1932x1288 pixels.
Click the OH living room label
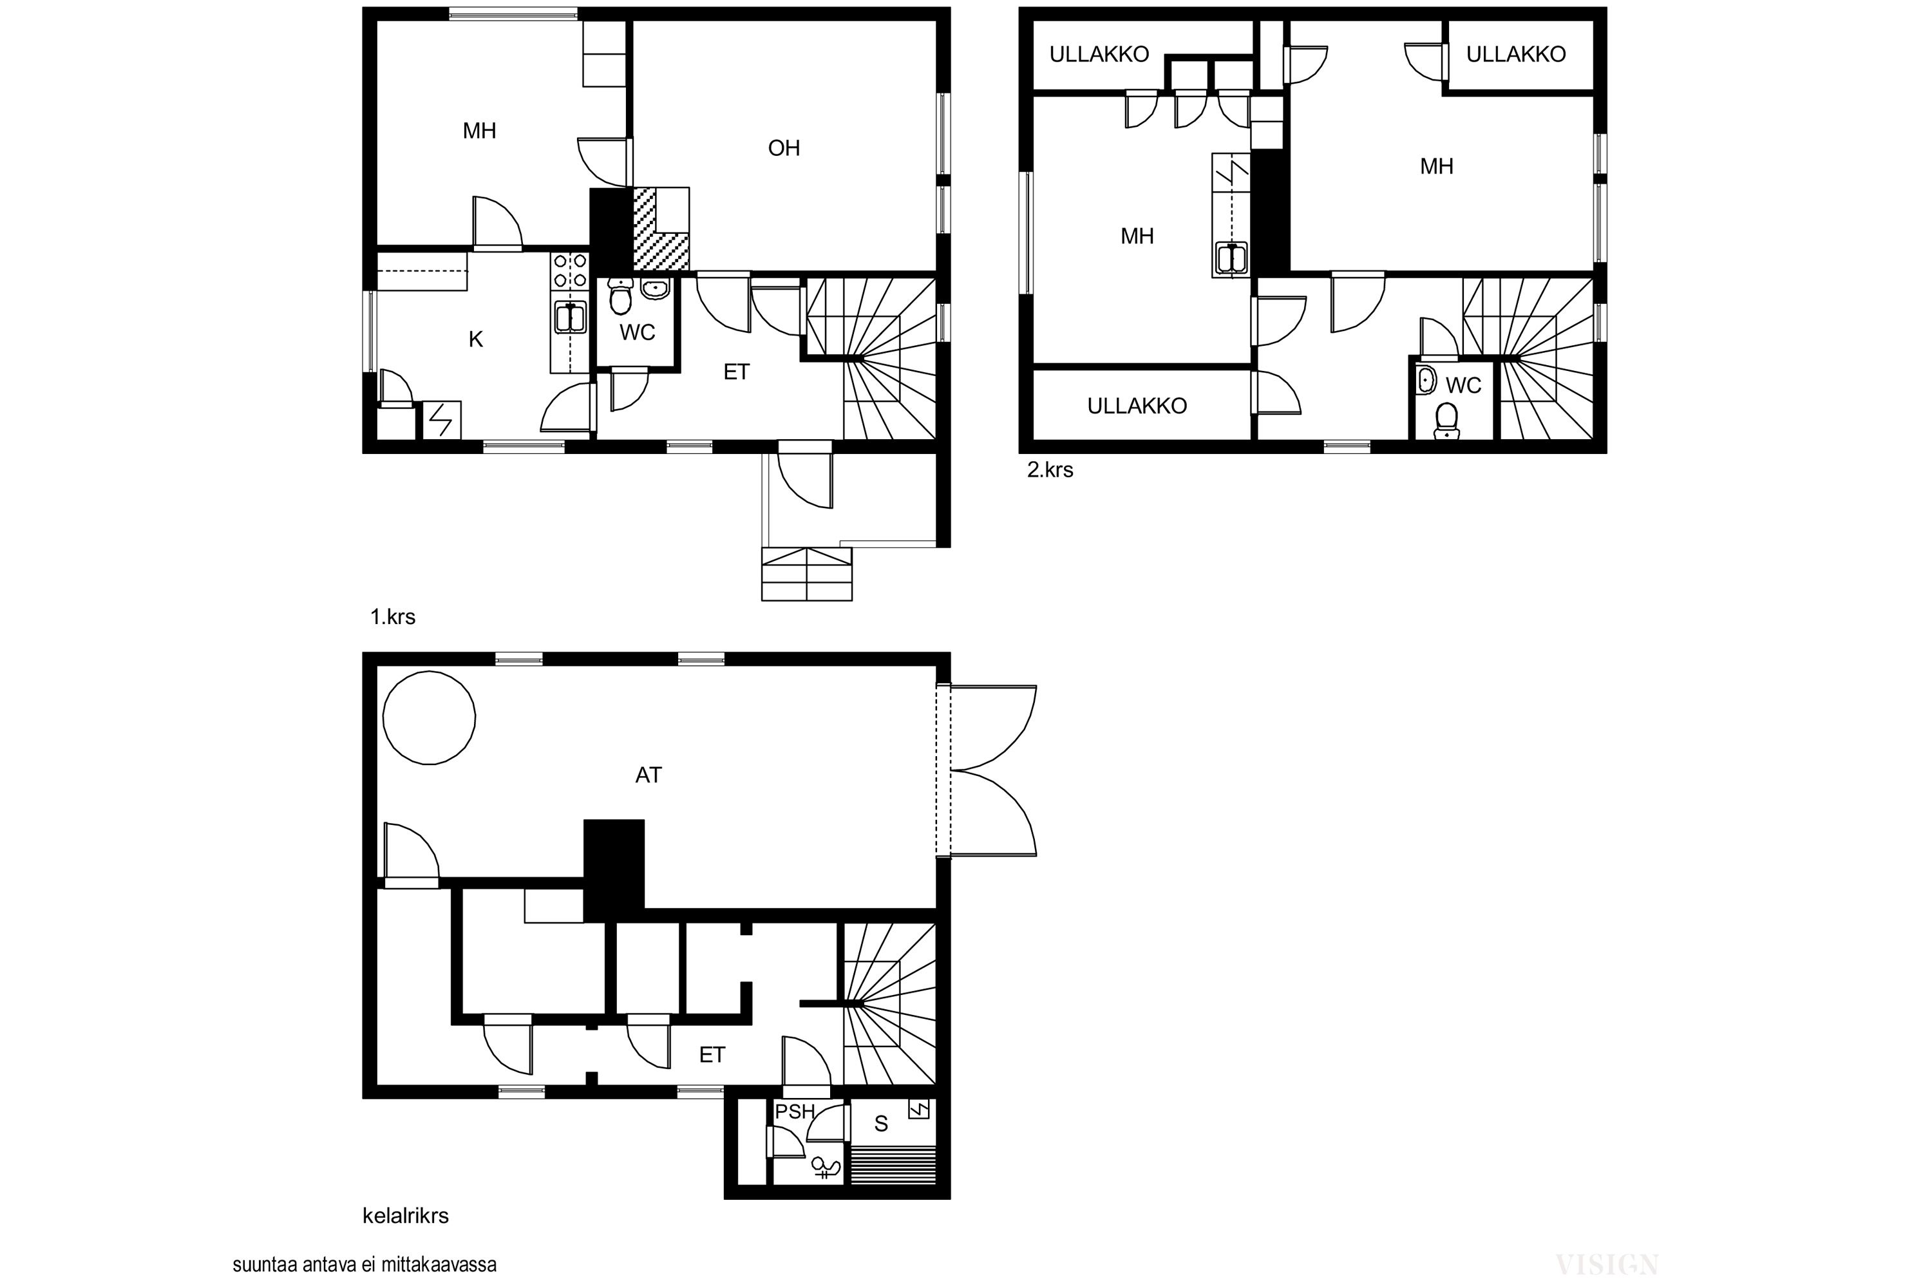(x=784, y=148)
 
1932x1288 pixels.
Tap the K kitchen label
(x=476, y=339)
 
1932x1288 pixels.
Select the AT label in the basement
(x=648, y=775)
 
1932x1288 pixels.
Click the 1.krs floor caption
(x=393, y=617)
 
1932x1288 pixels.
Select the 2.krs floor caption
(x=1050, y=470)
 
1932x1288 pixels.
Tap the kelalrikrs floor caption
(x=406, y=1216)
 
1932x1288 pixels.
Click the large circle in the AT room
(x=429, y=718)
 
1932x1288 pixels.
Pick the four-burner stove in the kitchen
(x=570, y=270)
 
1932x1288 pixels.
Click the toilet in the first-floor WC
(x=620, y=298)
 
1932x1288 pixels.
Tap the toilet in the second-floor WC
(x=1446, y=420)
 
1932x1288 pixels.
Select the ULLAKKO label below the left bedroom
(x=1137, y=406)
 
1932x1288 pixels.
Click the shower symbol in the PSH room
(x=826, y=1167)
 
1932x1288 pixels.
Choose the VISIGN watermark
(x=1607, y=1264)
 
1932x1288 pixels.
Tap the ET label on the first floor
(x=736, y=372)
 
